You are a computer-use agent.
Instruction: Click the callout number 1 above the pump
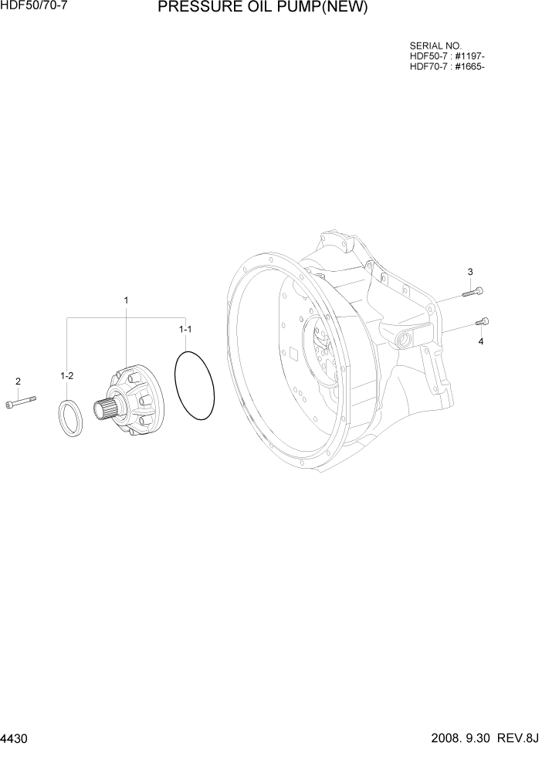coord(126,300)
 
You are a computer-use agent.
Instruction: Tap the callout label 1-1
coord(185,329)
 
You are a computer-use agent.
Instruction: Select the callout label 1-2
coord(67,376)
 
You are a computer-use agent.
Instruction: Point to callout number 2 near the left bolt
coord(18,381)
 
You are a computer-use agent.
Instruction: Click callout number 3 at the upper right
coord(469,272)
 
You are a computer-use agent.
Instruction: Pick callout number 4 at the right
coord(480,341)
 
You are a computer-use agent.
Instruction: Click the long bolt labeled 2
coord(22,401)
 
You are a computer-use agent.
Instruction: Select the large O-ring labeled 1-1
coord(195,386)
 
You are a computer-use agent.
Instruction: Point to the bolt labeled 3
coord(474,292)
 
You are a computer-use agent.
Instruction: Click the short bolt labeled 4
coord(483,321)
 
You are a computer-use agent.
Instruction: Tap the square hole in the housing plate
coord(293,356)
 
